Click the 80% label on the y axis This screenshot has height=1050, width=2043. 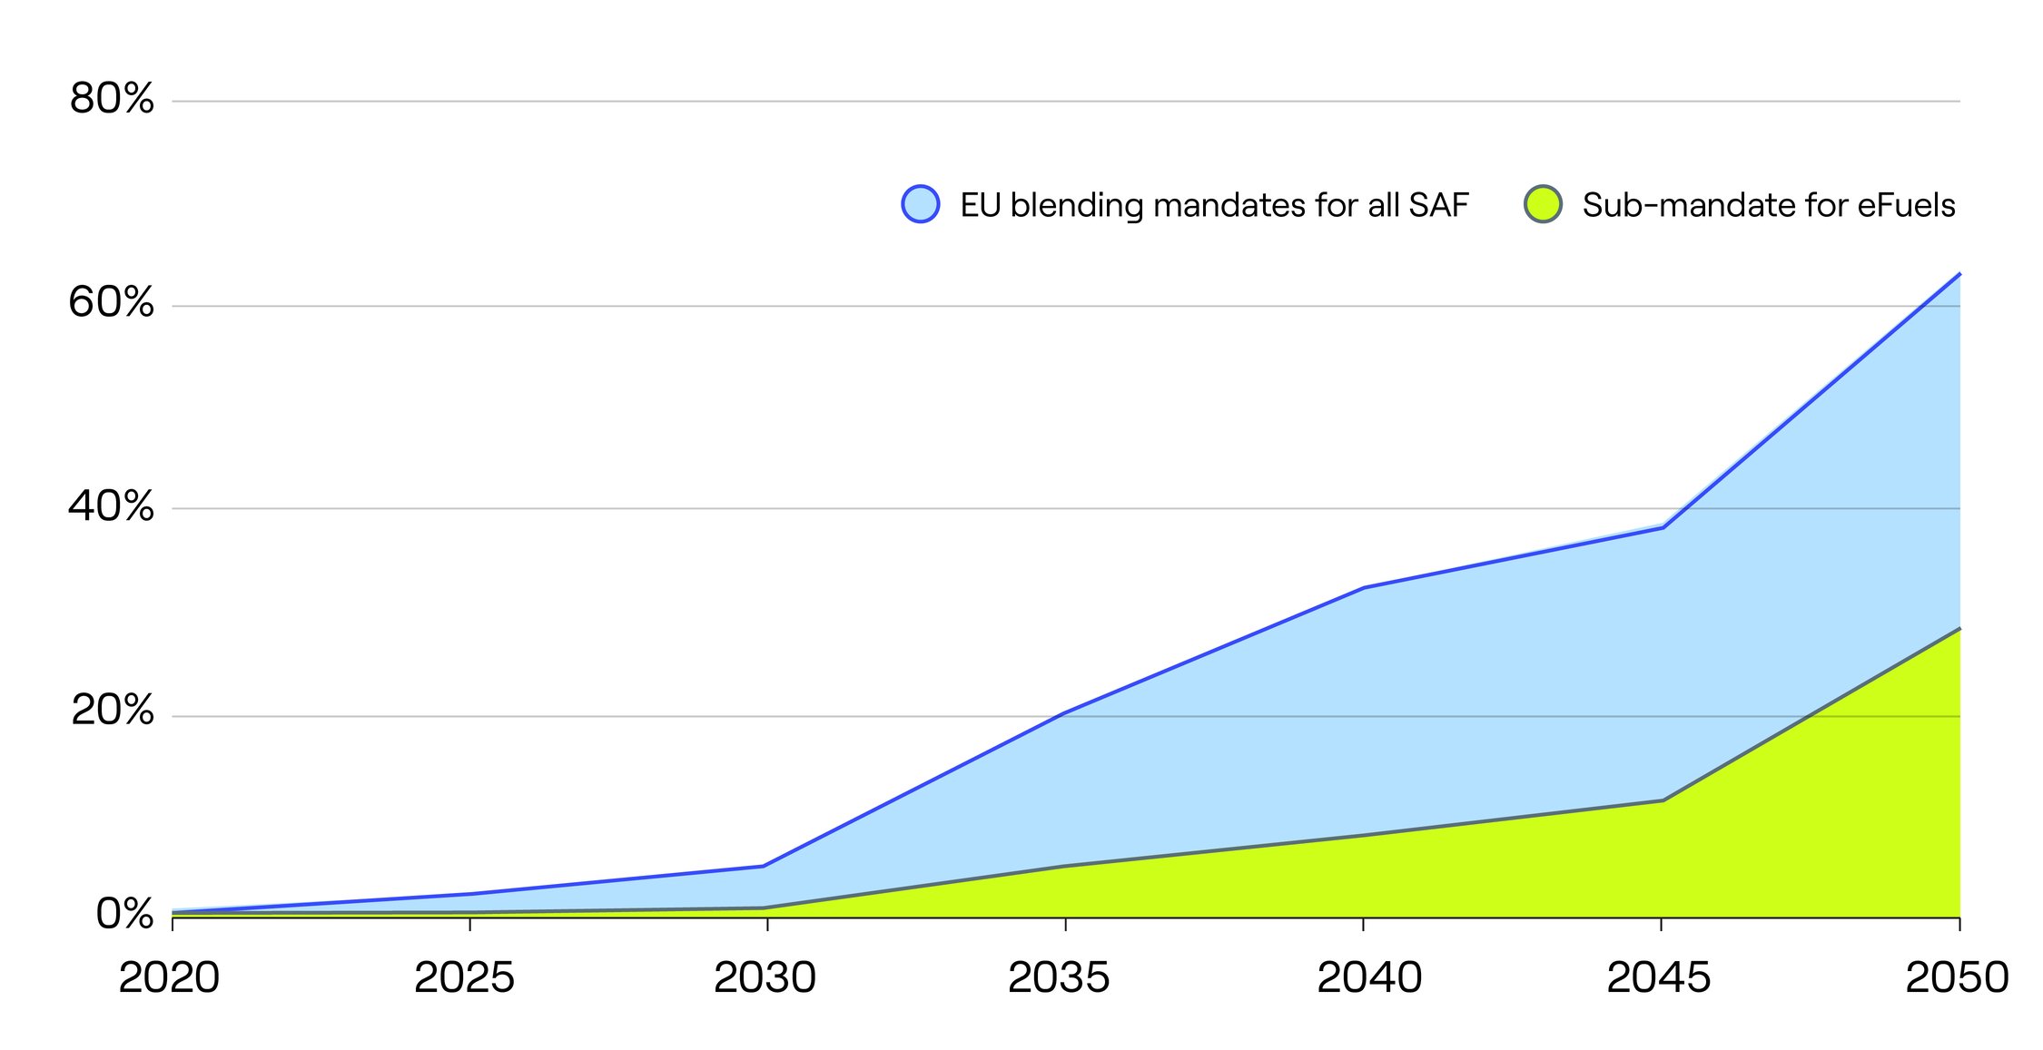(x=112, y=98)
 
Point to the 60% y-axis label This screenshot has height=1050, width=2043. (x=112, y=302)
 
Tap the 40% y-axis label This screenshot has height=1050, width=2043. (x=112, y=506)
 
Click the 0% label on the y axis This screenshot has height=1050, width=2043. (x=124, y=914)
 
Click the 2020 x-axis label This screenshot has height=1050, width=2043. (x=169, y=978)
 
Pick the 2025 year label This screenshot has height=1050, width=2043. (x=464, y=978)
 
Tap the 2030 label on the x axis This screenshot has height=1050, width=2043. (x=765, y=978)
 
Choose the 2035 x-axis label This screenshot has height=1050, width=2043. (x=1059, y=978)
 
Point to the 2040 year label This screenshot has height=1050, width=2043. (x=1369, y=978)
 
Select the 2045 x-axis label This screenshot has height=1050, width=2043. (x=1658, y=978)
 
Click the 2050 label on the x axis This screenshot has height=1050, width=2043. (x=1957, y=978)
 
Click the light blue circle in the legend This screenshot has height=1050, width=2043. (x=920, y=204)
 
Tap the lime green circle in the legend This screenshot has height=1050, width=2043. (x=1543, y=204)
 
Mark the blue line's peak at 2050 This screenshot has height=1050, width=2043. (x=1959, y=274)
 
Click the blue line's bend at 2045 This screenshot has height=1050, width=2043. (x=1662, y=527)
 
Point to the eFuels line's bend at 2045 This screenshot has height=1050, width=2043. (x=1662, y=800)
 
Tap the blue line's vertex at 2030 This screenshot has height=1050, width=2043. (x=764, y=866)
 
